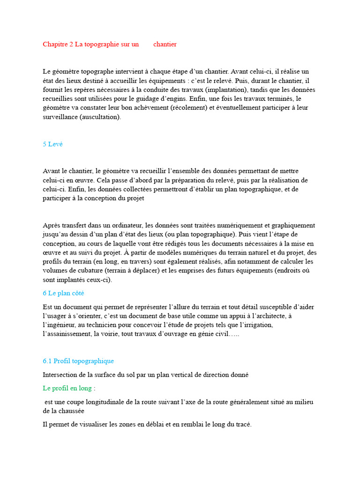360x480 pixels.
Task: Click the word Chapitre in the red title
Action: [x=55, y=45]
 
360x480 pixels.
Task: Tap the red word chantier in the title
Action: [x=165, y=45]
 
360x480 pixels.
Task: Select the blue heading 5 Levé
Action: [x=52, y=144]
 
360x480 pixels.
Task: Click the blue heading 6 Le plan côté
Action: [x=63, y=293]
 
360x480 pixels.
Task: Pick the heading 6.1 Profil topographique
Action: [x=78, y=361]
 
